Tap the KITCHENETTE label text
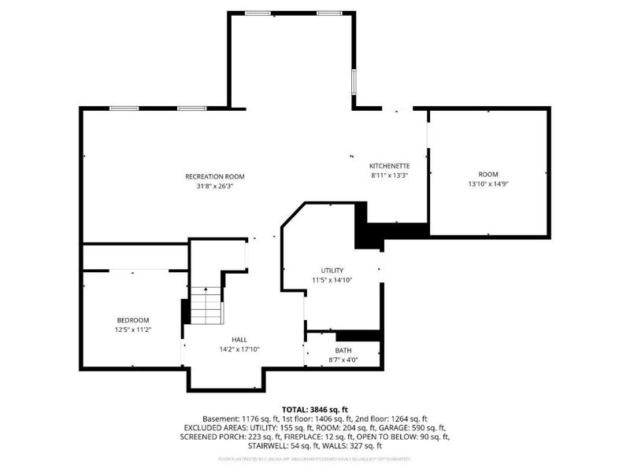pos(390,166)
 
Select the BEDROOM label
pos(133,320)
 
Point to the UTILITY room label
pos(332,270)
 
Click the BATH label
pos(343,350)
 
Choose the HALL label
pos(239,339)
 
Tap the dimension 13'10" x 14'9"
pos(488,184)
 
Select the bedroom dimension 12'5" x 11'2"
pos(133,330)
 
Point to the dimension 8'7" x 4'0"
pos(343,360)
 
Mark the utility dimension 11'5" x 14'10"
pos(332,280)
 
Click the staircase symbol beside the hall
pos(206,306)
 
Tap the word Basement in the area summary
pos(220,418)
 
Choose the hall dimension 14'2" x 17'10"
pos(239,349)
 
